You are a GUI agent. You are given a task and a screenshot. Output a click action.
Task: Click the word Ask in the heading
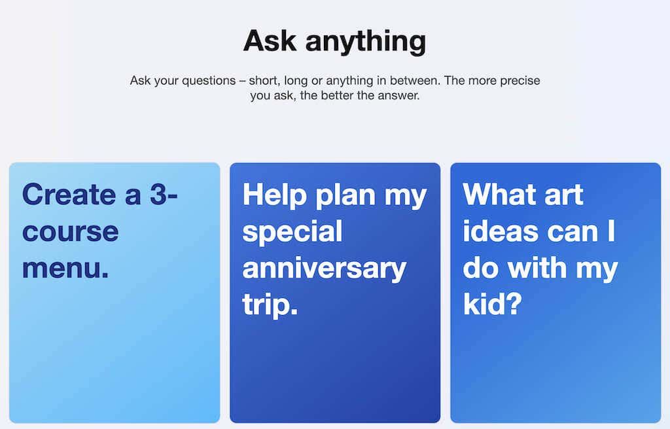269,41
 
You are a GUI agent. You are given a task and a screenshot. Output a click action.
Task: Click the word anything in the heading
366,43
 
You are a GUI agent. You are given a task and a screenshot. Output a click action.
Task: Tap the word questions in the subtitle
209,81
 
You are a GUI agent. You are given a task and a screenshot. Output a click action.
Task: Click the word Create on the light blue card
69,195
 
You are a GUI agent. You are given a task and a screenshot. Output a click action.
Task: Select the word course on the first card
71,233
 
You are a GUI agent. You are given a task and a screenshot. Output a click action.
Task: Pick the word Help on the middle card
275,195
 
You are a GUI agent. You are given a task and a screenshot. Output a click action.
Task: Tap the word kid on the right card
486,304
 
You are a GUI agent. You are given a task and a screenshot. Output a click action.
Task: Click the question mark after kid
516,304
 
